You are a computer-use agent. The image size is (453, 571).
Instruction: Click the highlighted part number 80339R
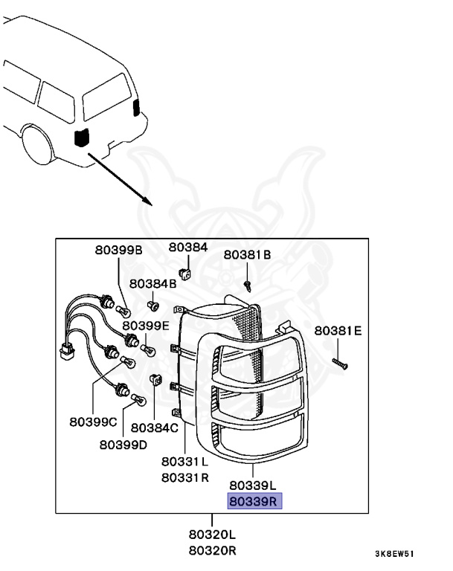click(x=254, y=501)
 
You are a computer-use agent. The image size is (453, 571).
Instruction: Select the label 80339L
click(x=253, y=485)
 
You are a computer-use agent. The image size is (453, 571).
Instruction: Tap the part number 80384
click(x=188, y=248)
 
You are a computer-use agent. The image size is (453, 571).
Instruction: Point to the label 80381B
click(x=247, y=254)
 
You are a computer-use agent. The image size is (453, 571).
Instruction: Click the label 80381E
click(x=338, y=331)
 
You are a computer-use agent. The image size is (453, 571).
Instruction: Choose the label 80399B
click(x=118, y=250)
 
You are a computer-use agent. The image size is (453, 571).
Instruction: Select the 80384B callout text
click(x=152, y=284)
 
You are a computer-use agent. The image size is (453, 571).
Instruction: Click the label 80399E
click(x=146, y=326)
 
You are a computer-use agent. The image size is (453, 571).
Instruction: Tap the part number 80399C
click(x=93, y=422)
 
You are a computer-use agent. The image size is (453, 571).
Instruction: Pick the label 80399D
click(x=123, y=445)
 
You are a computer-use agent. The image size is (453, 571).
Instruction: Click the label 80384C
click(x=155, y=428)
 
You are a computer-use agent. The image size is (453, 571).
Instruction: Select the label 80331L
click(x=184, y=462)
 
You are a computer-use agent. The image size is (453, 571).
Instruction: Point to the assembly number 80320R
click(x=213, y=551)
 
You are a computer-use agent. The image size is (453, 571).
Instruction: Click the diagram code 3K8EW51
click(x=395, y=554)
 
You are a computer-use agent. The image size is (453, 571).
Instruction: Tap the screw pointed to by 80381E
click(x=340, y=364)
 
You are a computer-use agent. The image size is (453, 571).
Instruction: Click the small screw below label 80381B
click(x=248, y=285)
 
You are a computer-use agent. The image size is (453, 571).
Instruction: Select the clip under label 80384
click(x=184, y=273)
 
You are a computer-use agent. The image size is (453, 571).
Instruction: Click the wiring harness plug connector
click(x=67, y=352)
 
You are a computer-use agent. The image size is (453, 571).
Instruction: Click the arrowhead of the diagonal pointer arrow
click(x=147, y=201)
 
